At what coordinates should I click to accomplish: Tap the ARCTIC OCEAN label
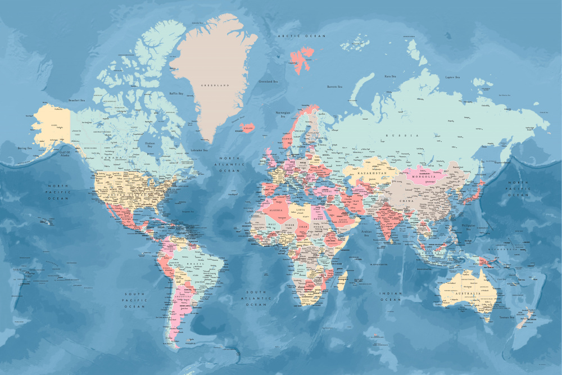coord(302,36)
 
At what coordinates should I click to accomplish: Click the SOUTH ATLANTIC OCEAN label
coord(256,299)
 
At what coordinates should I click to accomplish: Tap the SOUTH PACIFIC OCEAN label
coord(135,300)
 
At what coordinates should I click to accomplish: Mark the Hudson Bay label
coord(149,144)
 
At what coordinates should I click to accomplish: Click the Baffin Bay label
coord(176,93)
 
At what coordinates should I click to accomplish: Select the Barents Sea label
coord(335,87)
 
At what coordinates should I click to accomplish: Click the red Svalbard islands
coord(302,58)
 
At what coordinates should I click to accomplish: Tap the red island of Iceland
coord(247,127)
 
